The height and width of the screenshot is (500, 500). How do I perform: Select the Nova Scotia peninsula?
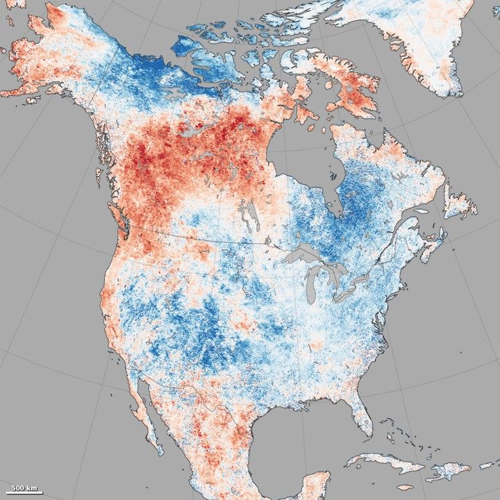(435, 243)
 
